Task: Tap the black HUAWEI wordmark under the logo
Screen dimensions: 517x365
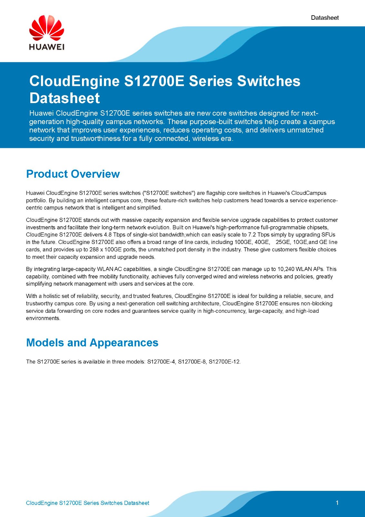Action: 46,47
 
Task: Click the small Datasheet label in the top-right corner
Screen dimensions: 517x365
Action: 325,18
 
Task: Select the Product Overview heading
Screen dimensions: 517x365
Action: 73,174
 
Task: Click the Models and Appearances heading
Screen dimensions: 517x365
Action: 92,343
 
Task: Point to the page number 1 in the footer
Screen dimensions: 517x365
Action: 337,503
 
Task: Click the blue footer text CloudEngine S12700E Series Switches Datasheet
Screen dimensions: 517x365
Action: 87,503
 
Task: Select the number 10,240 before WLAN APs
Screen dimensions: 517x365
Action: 286,269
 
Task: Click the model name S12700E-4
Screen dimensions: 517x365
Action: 161,362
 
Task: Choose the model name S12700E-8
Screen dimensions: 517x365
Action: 192,362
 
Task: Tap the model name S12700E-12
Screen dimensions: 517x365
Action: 224,362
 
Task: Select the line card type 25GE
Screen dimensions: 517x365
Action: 283,242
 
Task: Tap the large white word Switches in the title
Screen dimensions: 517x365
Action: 269,81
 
